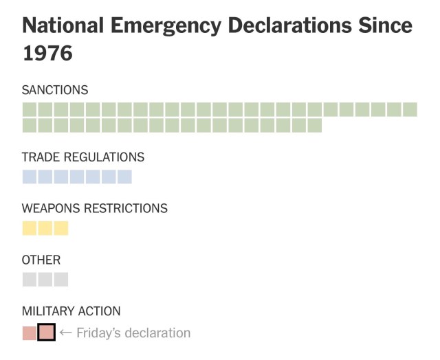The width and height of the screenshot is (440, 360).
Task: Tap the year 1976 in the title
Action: (x=47, y=54)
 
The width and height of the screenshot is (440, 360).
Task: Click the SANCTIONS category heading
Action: (x=55, y=90)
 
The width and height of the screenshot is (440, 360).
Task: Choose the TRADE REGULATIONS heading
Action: (x=83, y=157)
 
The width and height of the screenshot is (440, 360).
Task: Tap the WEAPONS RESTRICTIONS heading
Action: (x=95, y=208)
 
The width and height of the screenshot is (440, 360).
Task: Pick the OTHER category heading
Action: (x=41, y=260)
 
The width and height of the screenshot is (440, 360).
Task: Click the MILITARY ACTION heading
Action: (x=71, y=311)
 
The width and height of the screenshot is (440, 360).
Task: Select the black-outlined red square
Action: (x=46, y=333)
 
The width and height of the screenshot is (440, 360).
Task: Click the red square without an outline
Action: (x=30, y=333)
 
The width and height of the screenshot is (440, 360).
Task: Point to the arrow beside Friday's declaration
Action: (x=66, y=333)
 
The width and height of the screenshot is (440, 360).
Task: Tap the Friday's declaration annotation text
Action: (x=133, y=333)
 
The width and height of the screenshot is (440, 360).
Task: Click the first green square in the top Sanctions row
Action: (x=30, y=109)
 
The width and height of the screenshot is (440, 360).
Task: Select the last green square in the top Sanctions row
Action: (x=410, y=109)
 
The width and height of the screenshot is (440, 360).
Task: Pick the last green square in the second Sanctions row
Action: (x=315, y=125)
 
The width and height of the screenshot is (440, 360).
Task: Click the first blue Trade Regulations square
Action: (x=30, y=177)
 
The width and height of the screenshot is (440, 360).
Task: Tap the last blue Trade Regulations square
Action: (x=124, y=177)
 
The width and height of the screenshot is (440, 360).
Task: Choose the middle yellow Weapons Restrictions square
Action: (x=45, y=228)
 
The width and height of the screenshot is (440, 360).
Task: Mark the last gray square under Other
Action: (x=61, y=280)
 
